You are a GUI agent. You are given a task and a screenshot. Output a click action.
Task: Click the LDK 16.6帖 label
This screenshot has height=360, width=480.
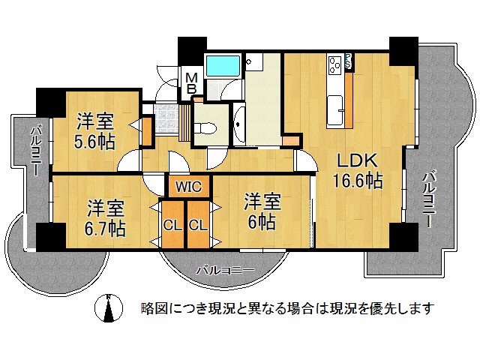click(359, 171)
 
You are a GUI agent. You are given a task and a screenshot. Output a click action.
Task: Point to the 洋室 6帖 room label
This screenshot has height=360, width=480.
click(262, 211)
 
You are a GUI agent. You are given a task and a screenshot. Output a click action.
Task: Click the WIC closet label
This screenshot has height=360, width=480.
click(188, 187)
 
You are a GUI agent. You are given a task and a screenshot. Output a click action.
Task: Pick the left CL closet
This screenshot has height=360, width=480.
click(172, 224)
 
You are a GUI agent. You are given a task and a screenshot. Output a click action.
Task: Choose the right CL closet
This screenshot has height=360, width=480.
click(198, 224)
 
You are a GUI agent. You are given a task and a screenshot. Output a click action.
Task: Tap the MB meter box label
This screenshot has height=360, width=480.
click(192, 82)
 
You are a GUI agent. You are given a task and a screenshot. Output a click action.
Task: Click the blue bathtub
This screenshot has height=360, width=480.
click(223, 65)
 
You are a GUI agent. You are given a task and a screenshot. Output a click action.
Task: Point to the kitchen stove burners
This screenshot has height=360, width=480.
click(334, 64)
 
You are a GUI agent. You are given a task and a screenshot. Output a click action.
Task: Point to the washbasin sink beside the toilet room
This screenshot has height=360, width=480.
click(238, 124)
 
